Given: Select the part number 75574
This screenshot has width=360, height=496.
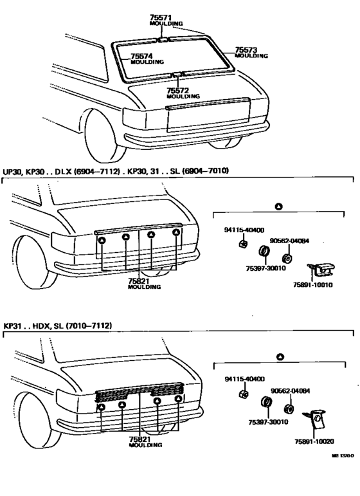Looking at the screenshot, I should click(x=142, y=56).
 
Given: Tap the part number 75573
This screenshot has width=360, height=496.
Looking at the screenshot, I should click(x=246, y=50).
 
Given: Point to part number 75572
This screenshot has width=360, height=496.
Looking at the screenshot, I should click(x=177, y=91).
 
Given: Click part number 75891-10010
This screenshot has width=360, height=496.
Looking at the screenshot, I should click(x=314, y=284).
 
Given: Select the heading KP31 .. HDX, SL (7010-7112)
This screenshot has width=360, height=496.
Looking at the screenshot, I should click(x=58, y=326).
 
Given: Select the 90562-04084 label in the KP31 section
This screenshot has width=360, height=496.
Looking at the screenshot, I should click(x=289, y=390).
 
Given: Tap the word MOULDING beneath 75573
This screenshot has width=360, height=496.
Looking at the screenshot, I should click(x=251, y=56).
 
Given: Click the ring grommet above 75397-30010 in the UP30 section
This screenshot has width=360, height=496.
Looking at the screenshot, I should click(x=263, y=250).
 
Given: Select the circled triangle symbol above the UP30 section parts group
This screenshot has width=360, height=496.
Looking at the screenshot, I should click(x=278, y=206).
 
